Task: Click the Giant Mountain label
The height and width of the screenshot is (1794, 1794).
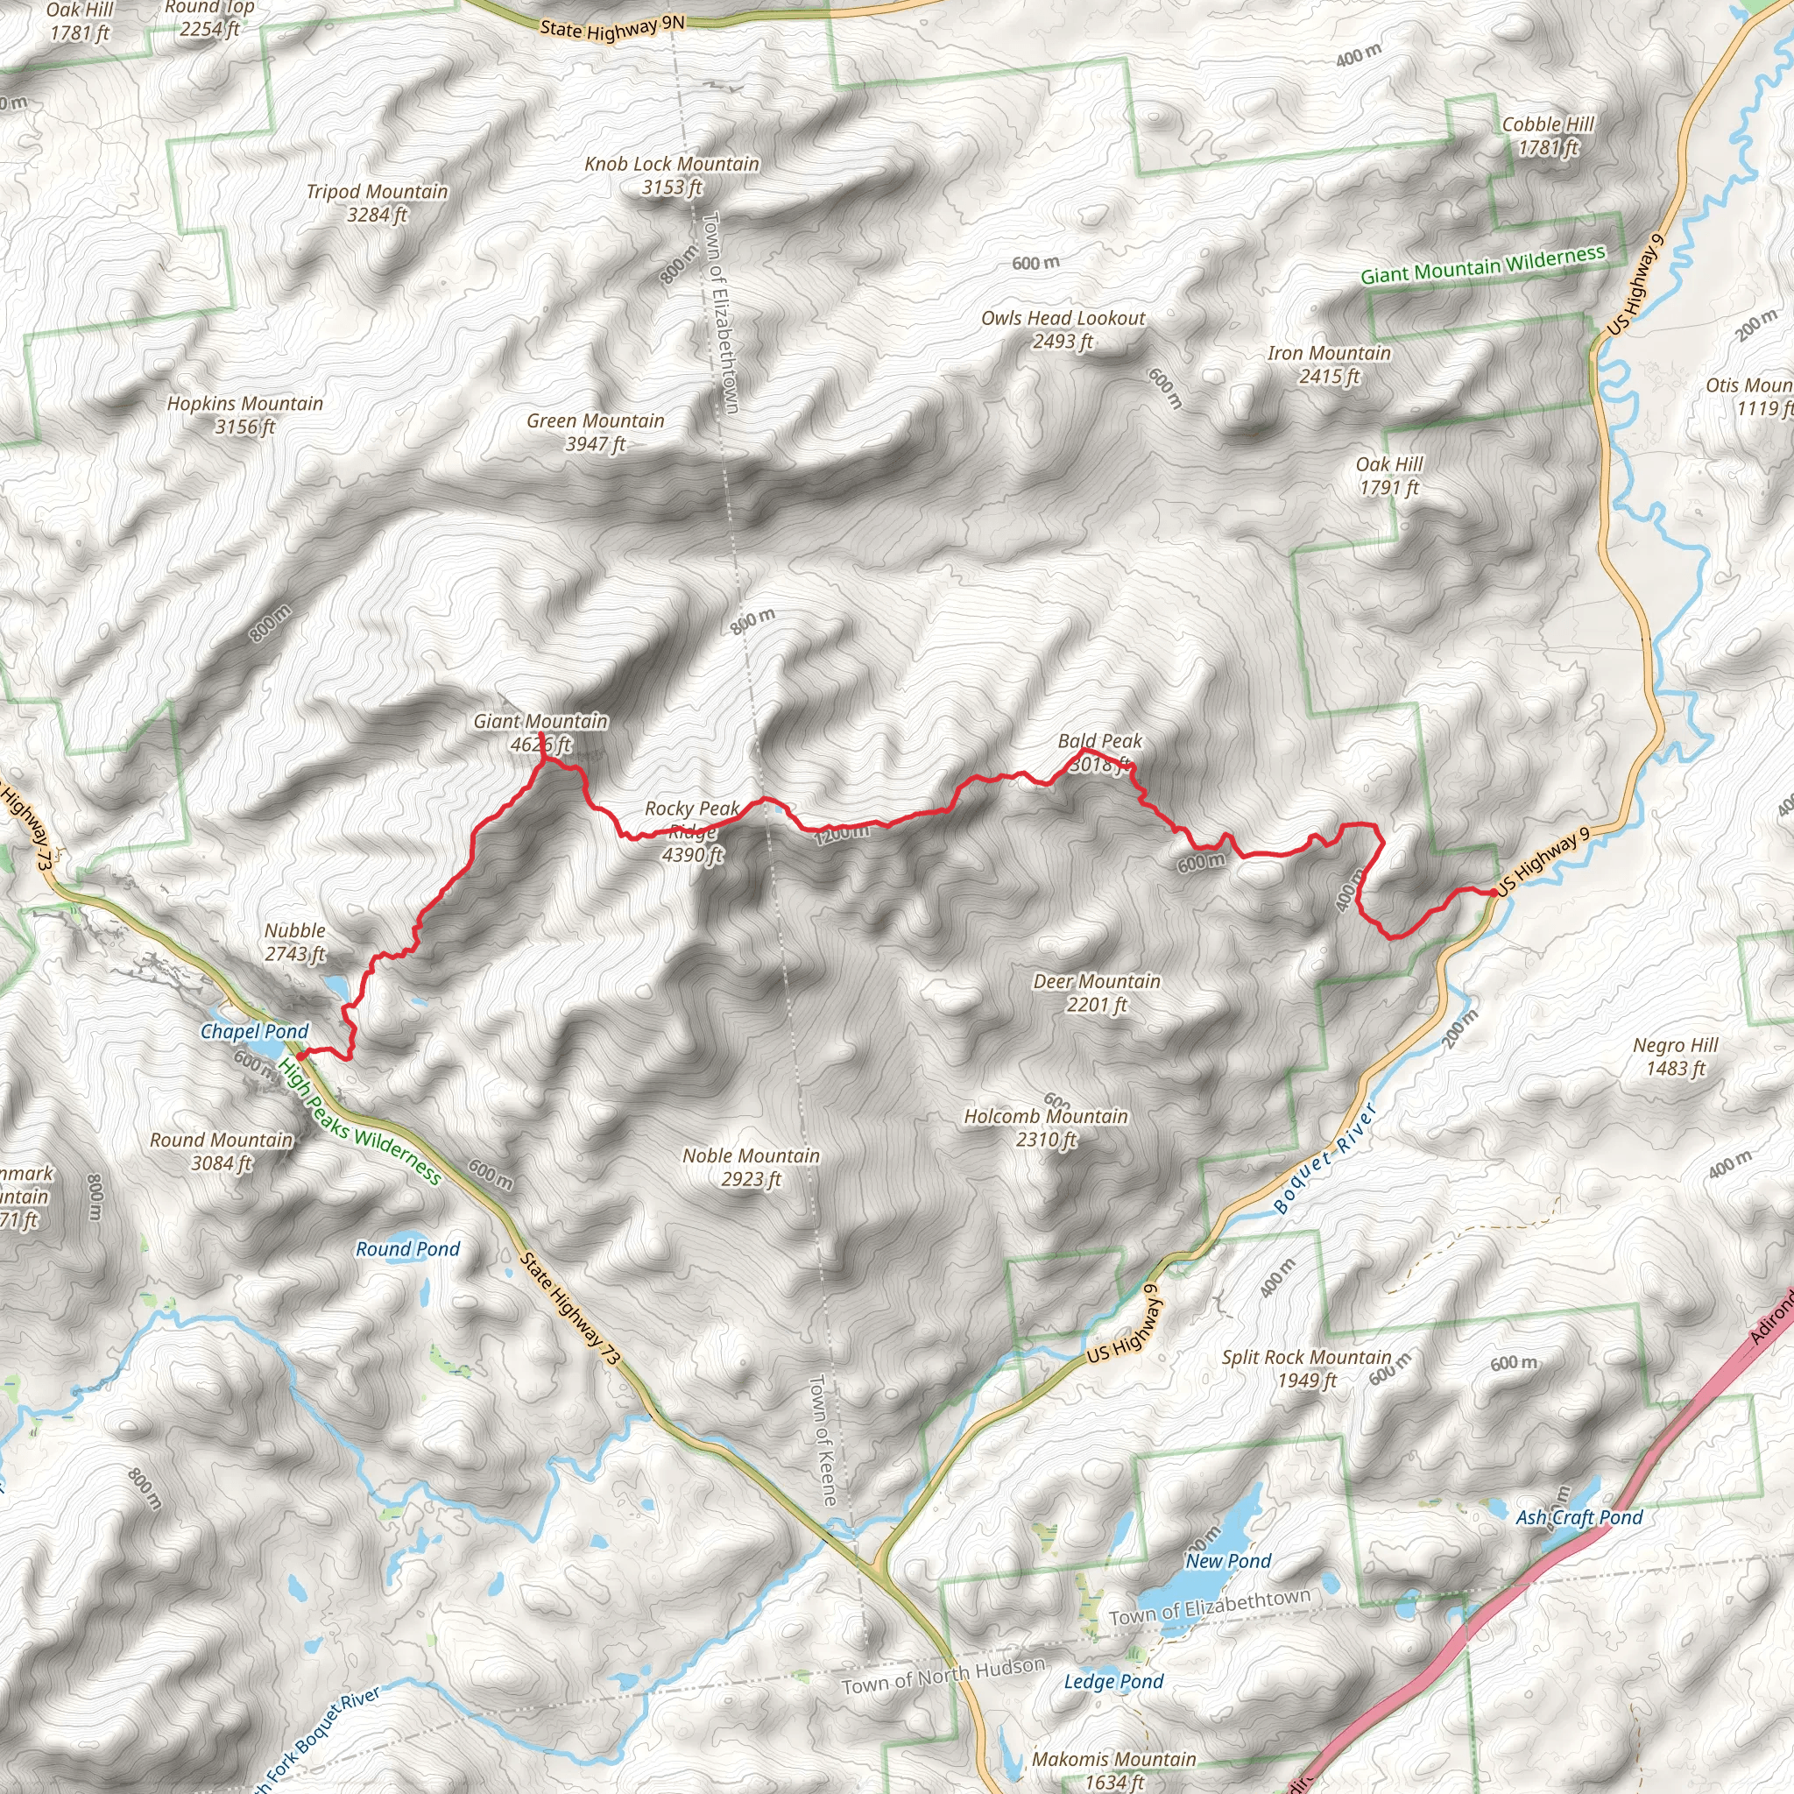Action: (x=540, y=722)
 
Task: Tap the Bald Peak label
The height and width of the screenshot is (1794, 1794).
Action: (x=1099, y=742)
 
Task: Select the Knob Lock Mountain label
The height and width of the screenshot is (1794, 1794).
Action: (x=671, y=165)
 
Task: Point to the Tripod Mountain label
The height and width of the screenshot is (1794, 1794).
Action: (x=377, y=192)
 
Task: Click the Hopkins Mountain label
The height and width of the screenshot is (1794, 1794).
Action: (x=245, y=404)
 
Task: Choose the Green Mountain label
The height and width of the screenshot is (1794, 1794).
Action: (x=595, y=421)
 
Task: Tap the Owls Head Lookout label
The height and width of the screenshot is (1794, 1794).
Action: (x=1063, y=319)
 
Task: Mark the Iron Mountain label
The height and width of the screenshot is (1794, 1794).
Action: (x=1329, y=354)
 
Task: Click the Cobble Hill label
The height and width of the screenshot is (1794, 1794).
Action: (x=1548, y=124)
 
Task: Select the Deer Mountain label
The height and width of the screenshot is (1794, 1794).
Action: (x=1097, y=981)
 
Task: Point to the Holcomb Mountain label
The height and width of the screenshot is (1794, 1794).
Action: (x=1046, y=1117)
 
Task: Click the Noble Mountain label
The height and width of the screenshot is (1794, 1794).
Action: (x=752, y=1156)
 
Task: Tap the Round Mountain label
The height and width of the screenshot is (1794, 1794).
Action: (x=221, y=1141)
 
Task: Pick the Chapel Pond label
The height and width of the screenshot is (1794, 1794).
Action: (x=254, y=1032)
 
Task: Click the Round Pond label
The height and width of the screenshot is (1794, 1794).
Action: (x=407, y=1250)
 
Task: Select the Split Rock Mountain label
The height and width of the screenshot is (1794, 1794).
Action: (x=1306, y=1358)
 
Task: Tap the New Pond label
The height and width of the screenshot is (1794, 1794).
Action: (x=1227, y=1561)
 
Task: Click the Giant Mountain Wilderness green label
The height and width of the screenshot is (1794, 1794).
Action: (x=1482, y=265)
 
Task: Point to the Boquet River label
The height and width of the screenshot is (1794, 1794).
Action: (x=1325, y=1158)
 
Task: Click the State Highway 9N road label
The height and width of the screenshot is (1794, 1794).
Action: (x=612, y=29)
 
